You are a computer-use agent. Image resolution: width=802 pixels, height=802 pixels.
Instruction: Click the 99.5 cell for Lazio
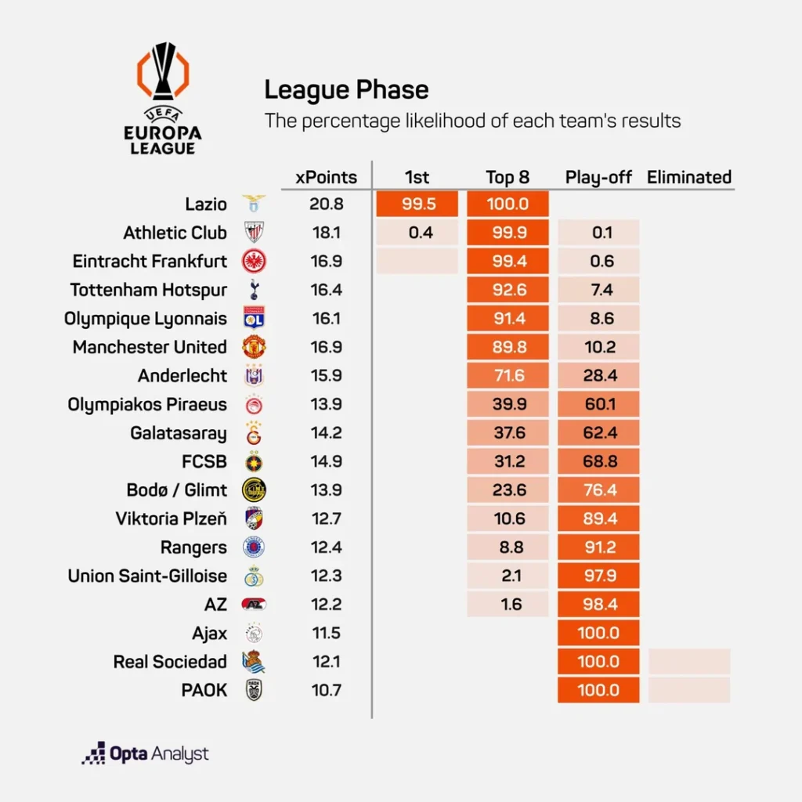417,204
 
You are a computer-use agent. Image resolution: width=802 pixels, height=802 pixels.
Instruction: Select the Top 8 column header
508,177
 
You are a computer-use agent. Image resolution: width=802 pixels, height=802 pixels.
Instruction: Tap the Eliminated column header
688,177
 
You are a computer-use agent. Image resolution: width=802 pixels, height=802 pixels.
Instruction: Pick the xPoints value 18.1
326,233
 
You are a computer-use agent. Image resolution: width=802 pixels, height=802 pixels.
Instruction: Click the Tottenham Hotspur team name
149,290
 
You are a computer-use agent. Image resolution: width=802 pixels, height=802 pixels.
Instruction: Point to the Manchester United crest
254,347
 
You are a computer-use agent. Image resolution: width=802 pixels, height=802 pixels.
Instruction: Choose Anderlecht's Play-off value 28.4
599,376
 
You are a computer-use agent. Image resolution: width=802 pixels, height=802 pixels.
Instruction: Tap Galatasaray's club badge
254,433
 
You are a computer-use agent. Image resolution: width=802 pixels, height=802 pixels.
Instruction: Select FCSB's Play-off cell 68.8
599,461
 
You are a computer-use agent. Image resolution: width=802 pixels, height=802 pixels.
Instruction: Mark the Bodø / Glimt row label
177,490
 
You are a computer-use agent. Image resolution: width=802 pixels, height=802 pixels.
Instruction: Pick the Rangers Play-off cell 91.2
599,547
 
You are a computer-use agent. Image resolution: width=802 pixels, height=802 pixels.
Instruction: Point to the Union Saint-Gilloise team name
147,576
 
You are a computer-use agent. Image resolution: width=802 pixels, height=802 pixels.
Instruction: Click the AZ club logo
254,605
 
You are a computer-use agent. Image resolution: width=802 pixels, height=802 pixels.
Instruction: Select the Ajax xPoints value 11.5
326,633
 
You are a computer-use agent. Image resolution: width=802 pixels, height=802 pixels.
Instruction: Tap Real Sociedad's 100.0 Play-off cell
599,662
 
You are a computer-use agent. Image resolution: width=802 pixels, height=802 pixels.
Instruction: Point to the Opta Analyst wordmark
146,754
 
